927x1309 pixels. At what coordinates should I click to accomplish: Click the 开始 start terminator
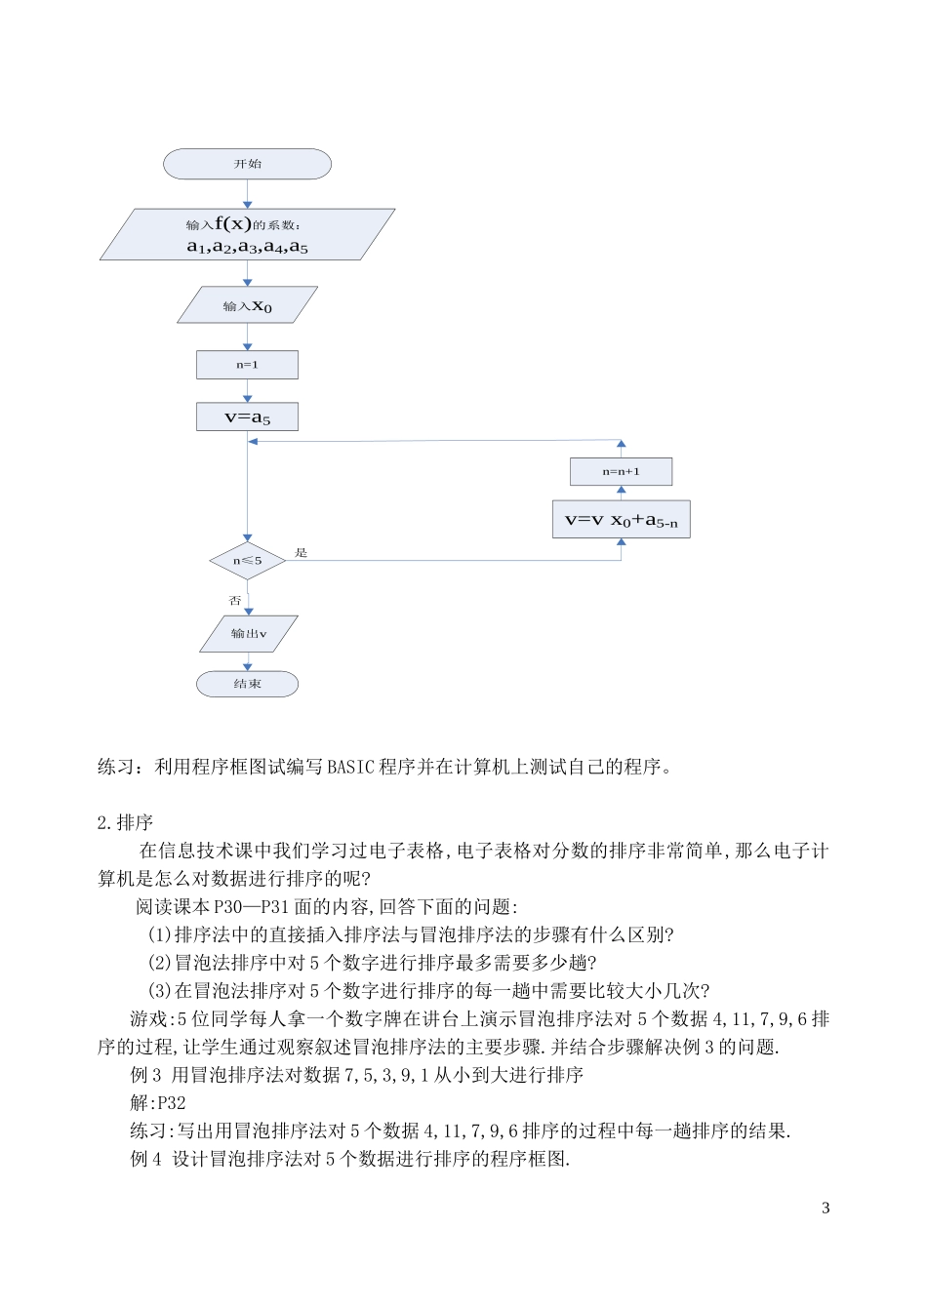[247, 164]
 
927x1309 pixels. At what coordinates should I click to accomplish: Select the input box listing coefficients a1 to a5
[247, 235]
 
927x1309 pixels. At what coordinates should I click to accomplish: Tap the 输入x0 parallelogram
[247, 305]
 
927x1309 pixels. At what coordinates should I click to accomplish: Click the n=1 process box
[247, 365]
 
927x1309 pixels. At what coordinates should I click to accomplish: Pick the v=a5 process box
[247, 416]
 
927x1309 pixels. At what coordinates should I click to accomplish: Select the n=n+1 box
[621, 471]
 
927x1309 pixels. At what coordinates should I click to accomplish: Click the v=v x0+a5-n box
[621, 520]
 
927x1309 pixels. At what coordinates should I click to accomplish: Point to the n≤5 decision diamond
[247, 561]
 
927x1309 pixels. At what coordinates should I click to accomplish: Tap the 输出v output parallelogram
[248, 633]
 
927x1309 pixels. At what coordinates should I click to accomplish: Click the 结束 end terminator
[247, 684]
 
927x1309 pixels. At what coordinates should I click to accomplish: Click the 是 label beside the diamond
[302, 553]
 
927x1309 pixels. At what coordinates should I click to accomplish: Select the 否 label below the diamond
[234, 601]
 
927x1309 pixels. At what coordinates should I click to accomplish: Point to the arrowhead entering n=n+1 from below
[621, 491]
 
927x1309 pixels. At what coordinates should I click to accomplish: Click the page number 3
[826, 1208]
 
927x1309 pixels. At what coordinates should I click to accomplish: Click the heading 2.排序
[125, 822]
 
